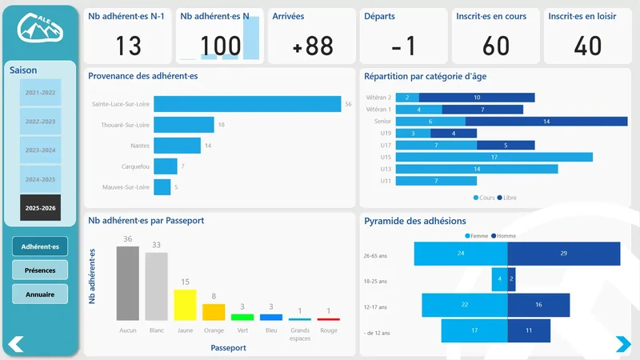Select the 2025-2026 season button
click(40, 207)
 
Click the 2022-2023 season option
click(40, 122)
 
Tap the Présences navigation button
click(40, 270)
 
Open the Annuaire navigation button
click(40, 294)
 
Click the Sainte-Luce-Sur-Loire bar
click(247, 104)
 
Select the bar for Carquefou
click(165, 166)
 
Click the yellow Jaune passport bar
click(185, 305)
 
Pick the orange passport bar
click(214, 312)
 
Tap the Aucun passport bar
click(128, 283)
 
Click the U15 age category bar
click(494, 158)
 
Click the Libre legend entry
click(507, 197)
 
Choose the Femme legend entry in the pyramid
click(478, 236)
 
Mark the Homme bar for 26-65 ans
click(563, 254)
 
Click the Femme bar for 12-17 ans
click(464, 305)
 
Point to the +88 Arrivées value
click(313, 46)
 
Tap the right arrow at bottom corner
click(622, 344)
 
